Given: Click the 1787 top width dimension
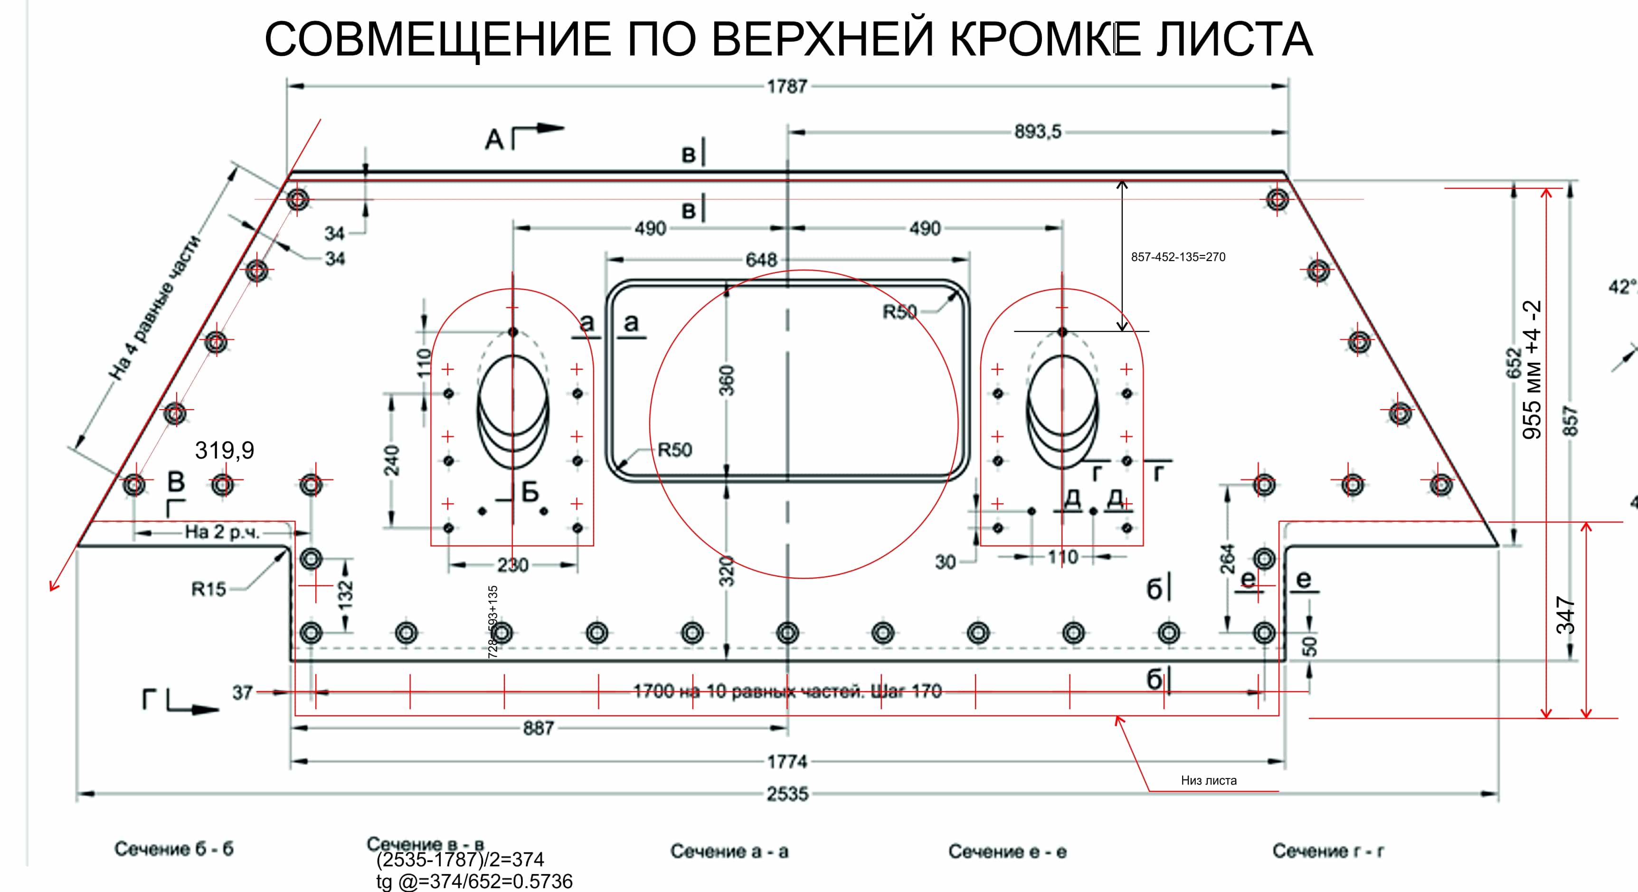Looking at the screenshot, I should point(787,86).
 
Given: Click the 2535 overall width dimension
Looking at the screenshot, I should point(787,793).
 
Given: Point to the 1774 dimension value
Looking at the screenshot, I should point(787,761).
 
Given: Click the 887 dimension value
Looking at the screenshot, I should point(538,728).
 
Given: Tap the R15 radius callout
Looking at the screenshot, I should point(208,590).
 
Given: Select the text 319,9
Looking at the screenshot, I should point(225,450).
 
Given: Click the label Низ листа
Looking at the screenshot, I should point(1209,780).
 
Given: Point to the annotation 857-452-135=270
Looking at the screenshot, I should point(1178,257).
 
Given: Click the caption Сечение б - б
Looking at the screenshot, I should point(174,849).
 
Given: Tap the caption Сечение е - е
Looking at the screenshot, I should point(1007,851).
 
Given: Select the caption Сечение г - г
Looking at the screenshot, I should point(1328,851).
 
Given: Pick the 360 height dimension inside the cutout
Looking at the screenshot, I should point(726,380).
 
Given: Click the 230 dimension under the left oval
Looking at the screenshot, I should point(512,564).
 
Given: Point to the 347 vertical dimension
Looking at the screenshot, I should point(1565,615).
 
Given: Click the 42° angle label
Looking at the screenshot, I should point(1623,287).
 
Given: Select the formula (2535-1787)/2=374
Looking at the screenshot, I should point(460,860).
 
